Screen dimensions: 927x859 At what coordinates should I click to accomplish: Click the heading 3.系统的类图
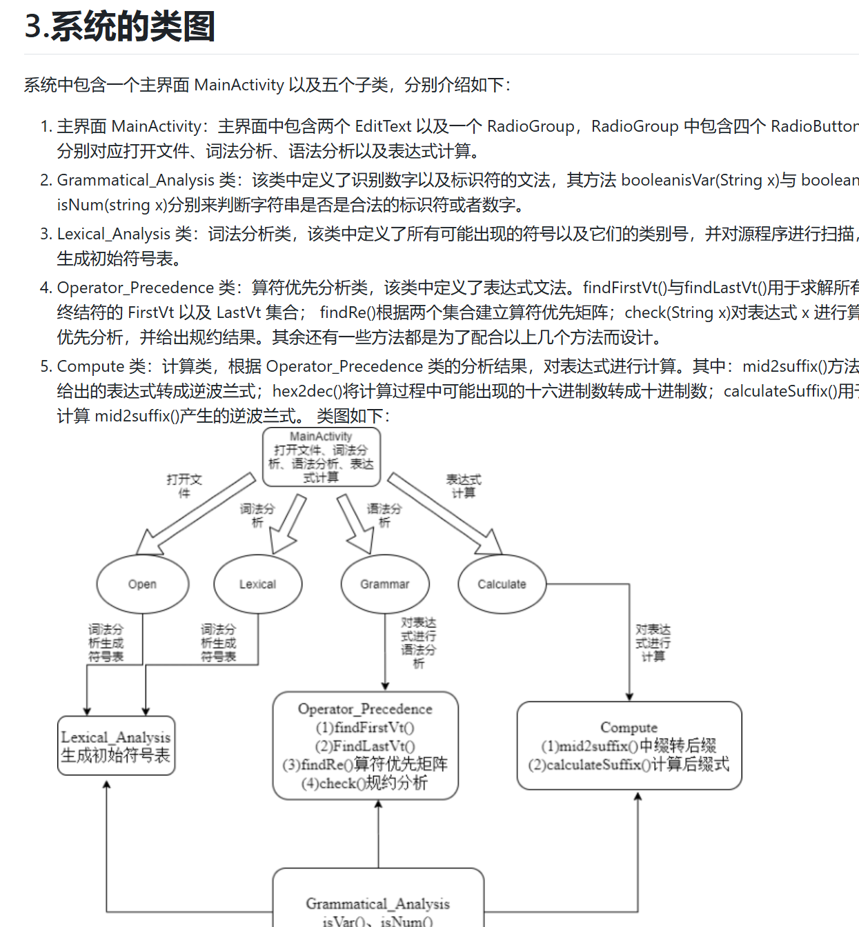(x=119, y=27)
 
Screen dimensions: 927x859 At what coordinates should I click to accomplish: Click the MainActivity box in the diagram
(x=321, y=457)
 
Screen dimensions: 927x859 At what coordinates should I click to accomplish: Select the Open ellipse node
(x=142, y=584)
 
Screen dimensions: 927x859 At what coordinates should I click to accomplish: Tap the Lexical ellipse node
(x=257, y=584)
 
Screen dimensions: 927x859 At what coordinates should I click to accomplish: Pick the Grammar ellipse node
(x=384, y=584)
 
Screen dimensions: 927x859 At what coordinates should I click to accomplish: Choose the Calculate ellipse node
(x=502, y=584)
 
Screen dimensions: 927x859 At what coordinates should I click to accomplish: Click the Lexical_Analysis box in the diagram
(x=116, y=746)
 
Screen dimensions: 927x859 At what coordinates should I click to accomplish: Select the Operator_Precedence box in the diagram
(x=365, y=746)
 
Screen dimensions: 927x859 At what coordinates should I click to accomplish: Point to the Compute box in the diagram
(x=629, y=746)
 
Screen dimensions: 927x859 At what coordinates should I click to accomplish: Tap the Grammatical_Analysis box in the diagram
(x=377, y=904)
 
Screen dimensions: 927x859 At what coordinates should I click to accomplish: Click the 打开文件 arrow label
(x=184, y=486)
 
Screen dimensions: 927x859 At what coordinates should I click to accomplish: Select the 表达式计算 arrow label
(x=463, y=486)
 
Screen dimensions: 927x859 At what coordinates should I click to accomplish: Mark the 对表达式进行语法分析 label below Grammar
(x=418, y=643)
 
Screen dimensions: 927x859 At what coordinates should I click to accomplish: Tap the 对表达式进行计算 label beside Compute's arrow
(x=653, y=643)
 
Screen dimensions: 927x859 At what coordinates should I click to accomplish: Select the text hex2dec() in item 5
(x=307, y=391)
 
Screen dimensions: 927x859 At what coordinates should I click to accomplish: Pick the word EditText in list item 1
(x=383, y=126)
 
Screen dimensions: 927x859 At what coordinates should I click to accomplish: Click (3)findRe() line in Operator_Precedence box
(x=365, y=764)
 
